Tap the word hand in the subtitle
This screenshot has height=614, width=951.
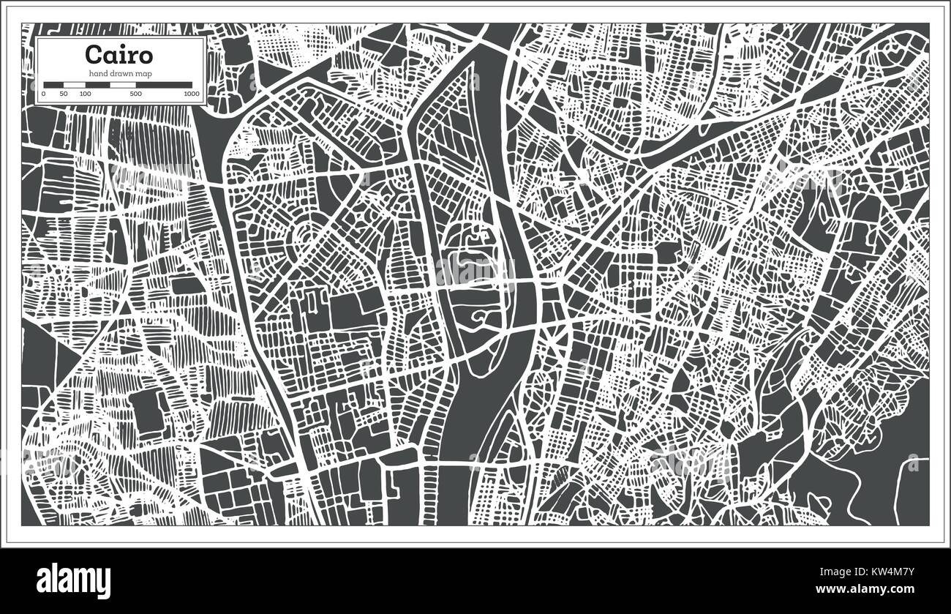click(97, 72)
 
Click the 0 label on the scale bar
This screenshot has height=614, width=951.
click(44, 94)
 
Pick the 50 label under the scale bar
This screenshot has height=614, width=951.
click(64, 94)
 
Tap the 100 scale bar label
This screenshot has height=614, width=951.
click(85, 94)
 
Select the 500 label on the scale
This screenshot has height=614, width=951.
click(135, 94)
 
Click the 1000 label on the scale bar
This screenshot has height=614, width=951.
click(192, 94)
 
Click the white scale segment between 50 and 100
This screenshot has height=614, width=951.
click(74, 85)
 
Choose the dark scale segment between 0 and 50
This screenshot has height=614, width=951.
click(53, 85)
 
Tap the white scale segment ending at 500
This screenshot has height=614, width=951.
click(122, 85)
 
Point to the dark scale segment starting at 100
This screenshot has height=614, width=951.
click(97, 85)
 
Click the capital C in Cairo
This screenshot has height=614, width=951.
click(93, 56)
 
